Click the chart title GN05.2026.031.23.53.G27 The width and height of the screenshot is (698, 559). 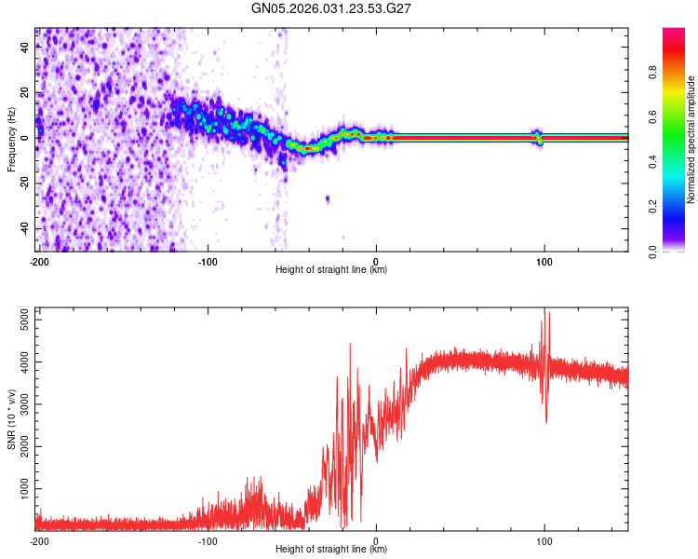click(332, 8)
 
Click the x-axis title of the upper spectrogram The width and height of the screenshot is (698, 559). click(331, 270)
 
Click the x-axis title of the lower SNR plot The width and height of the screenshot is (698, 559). click(331, 550)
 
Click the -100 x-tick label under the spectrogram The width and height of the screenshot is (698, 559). click(207, 260)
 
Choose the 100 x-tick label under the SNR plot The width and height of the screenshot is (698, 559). click(544, 539)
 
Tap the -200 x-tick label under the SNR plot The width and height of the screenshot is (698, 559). click(38, 539)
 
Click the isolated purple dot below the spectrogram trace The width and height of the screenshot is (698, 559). click(328, 198)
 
